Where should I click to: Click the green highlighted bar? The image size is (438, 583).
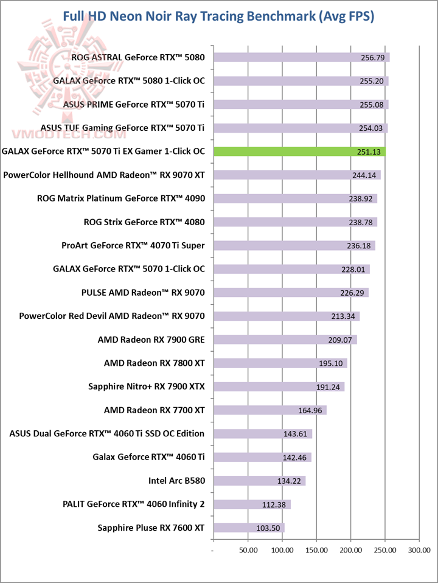pos(298,152)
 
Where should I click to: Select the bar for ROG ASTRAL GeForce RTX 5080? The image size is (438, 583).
pos(301,58)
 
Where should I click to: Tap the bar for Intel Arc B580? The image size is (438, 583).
pos(259,481)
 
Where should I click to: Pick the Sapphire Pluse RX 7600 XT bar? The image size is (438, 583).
pos(248,528)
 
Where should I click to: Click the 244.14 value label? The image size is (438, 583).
pos(366,175)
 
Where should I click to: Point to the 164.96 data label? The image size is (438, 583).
pos(311,410)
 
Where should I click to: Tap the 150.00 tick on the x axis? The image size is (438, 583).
pos(316,550)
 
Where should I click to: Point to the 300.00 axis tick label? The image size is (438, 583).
pos(420,550)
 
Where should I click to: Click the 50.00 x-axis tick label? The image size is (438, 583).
pos(248,550)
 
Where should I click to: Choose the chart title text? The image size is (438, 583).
pos(219,16)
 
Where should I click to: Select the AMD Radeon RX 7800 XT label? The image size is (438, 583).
pos(155,363)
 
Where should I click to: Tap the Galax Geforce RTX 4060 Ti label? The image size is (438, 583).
pos(149,457)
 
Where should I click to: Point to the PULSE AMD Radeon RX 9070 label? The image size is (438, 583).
pos(143,293)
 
